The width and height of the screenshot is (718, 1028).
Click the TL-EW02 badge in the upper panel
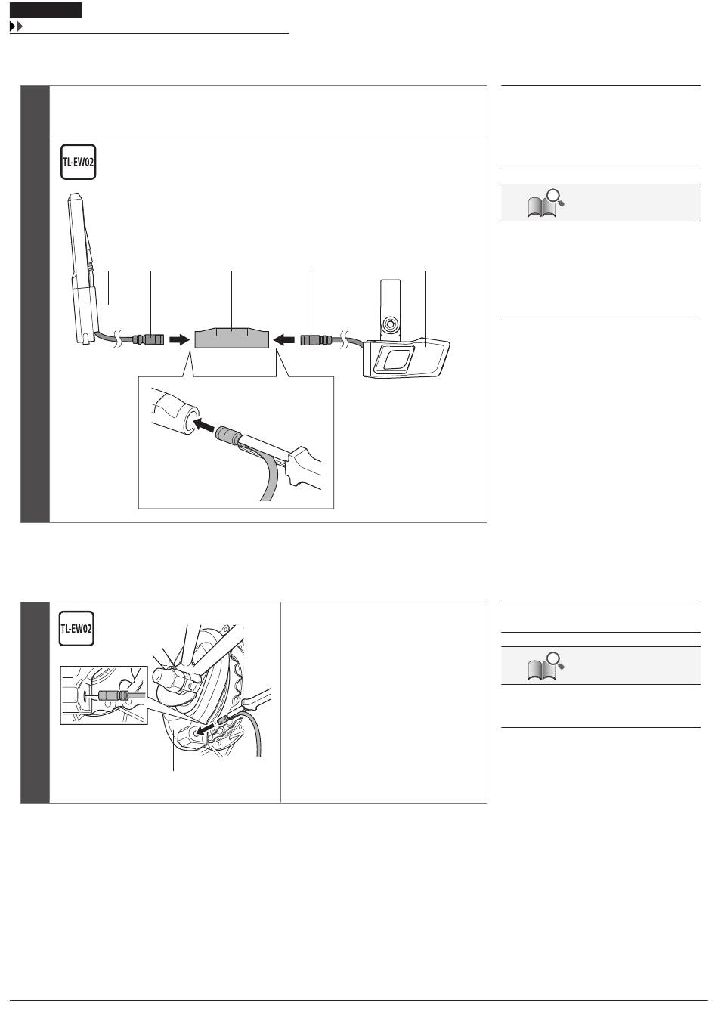point(79,163)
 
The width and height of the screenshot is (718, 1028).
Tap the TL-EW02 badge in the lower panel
point(76,628)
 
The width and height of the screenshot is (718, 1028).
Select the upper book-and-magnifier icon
point(546,203)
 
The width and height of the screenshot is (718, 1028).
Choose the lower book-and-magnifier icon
point(546,667)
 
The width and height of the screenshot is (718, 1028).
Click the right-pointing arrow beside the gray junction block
point(179,339)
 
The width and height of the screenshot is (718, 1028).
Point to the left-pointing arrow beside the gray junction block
point(284,340)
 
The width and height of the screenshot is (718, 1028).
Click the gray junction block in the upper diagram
point(232,338)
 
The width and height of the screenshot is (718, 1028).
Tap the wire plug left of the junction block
point(148,340)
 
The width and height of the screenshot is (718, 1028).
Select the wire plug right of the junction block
point(316,340)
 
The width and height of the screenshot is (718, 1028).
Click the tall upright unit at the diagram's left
point(83,268)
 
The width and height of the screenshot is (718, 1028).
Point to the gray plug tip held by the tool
point(227,435)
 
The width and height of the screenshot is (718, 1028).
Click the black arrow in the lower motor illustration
point(205,729)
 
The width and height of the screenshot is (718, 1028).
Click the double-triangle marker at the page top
point(16,26)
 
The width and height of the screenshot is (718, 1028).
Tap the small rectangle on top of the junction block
point(232,332)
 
